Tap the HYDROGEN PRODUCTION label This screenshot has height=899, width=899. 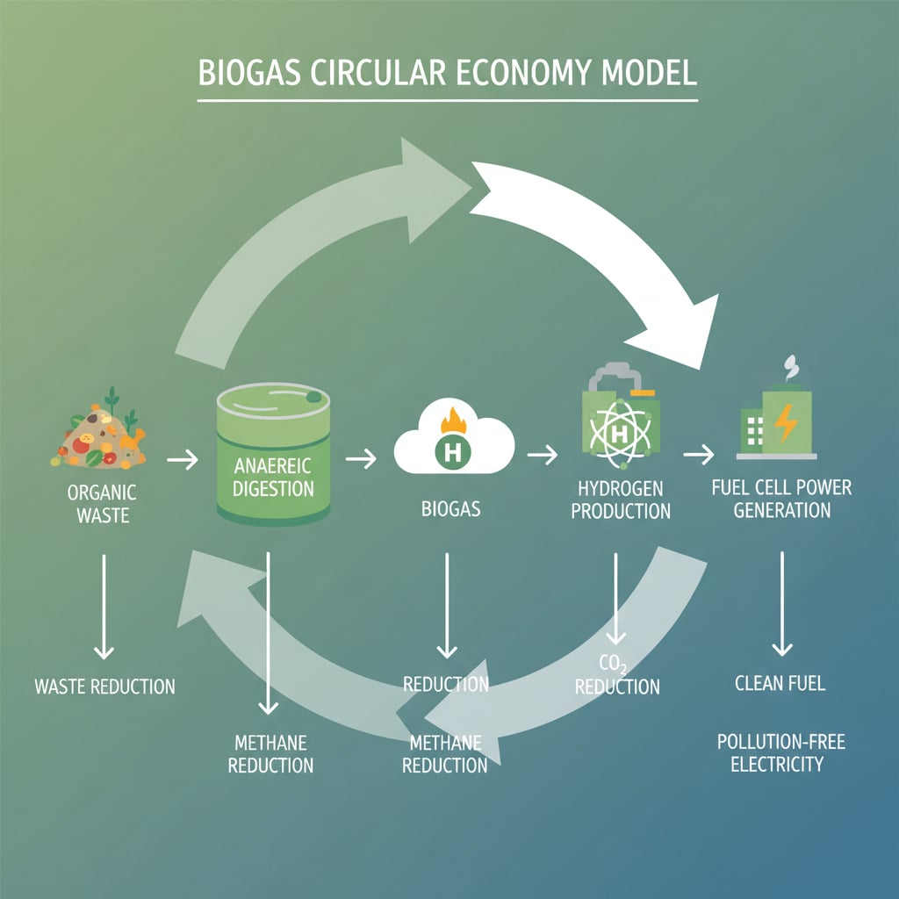(x=621, y=499)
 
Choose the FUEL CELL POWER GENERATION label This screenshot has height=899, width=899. (x=781, y=498)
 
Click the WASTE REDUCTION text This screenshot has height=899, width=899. (x=104, y=687)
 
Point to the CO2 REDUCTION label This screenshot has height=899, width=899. (x=616, y=675)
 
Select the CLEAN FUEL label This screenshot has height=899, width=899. (x=780, y=682)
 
